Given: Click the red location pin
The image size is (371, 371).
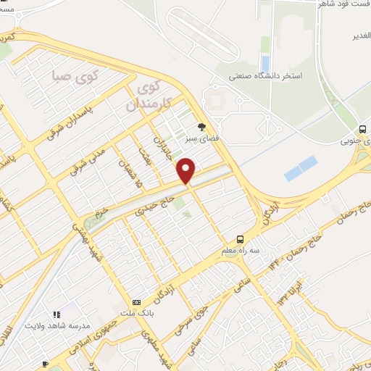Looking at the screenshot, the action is pos(186,171).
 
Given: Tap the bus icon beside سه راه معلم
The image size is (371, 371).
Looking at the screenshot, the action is pos(240,239).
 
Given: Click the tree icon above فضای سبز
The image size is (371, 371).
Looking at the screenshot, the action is pos(212,126).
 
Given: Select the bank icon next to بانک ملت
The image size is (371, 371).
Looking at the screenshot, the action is pos(136,302).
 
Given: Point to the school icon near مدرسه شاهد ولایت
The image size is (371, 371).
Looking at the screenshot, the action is pos(56,314).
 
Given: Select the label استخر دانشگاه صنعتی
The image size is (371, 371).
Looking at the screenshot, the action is pos(264,75).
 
